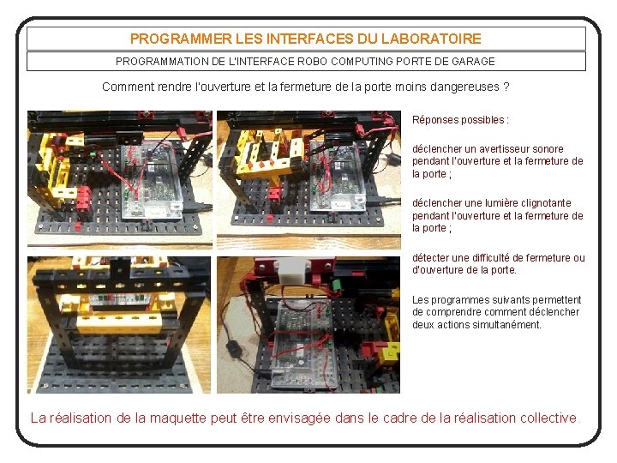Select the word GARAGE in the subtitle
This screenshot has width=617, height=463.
coord(474,61)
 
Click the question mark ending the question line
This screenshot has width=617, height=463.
coord(506,87)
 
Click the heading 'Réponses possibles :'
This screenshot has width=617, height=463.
coord(460,120)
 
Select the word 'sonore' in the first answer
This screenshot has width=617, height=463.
coord(547,149)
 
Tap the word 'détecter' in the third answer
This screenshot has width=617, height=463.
coord(432,258)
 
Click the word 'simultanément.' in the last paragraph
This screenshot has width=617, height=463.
coord(506,325)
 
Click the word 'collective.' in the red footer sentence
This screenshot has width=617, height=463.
coord(550,418)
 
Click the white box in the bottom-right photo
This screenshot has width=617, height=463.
coord(291,270)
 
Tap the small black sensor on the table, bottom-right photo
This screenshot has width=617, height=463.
coord(231,350)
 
